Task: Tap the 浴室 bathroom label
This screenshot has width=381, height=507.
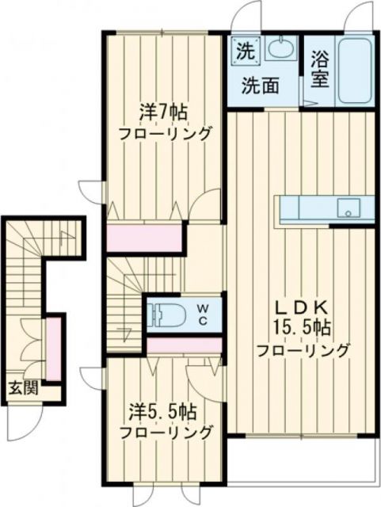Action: coord(320,70)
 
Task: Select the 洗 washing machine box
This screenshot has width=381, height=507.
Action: coord(244,51)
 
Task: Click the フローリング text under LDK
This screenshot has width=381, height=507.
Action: coord(303,349)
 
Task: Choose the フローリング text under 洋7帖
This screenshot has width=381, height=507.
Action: coord(166,132)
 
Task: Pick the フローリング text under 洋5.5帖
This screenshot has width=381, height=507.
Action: coord(166,433)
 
